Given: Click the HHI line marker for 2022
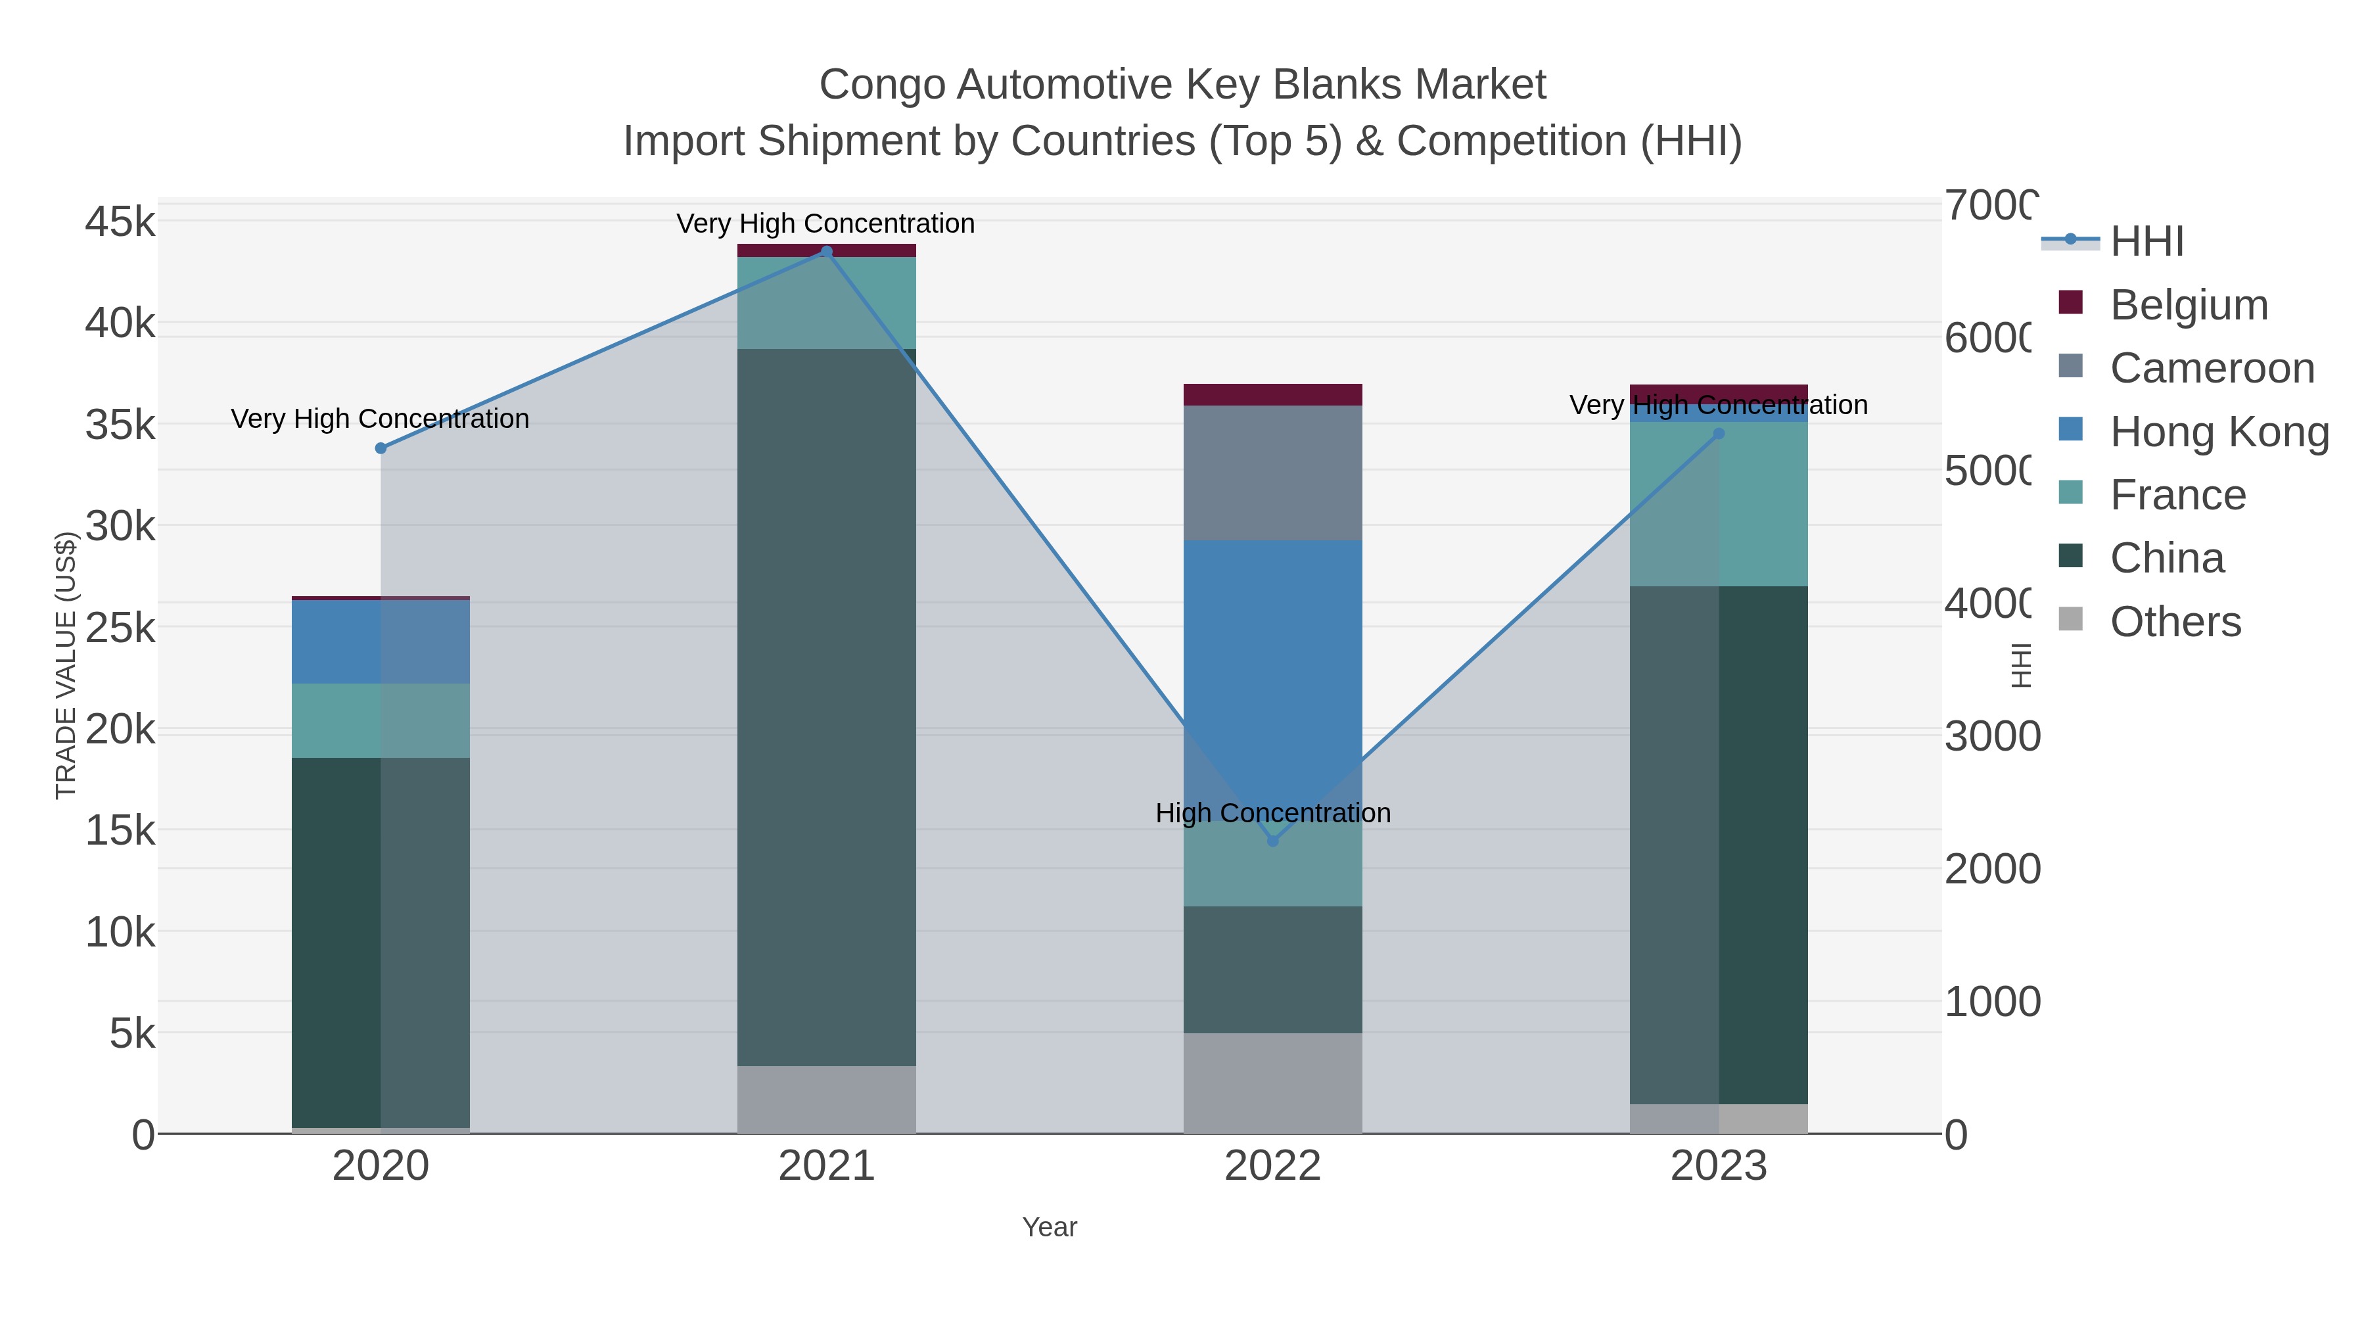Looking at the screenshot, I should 1272,841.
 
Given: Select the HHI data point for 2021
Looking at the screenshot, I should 825,252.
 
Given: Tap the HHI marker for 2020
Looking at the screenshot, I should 381,448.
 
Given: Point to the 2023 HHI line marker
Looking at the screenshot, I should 1719,434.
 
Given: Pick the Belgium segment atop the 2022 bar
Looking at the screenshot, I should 1272,394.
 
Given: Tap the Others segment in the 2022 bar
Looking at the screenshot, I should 1272,1083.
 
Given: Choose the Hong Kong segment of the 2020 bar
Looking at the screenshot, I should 381,641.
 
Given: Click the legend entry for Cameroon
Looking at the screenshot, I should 2212,368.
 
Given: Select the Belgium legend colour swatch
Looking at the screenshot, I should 2070,303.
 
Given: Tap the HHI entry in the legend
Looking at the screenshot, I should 2146,242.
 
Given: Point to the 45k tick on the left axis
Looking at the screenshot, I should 120,222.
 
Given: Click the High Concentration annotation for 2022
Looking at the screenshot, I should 1272,813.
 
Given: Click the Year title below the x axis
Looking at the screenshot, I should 1049,1227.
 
